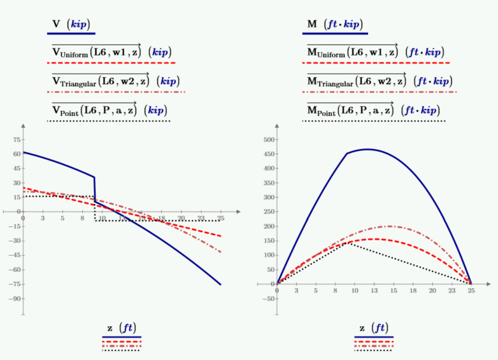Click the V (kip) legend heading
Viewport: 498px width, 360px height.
(71, 24)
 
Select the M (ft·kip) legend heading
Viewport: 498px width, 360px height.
(335, 24)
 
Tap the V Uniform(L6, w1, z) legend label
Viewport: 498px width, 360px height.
(112, 52)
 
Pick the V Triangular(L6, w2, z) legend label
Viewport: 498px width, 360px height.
(116, 80)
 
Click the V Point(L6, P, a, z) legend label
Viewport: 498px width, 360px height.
(110, 110)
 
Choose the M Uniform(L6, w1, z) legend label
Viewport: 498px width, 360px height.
(375, 52)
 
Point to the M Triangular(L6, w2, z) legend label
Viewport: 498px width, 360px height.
(380, 80)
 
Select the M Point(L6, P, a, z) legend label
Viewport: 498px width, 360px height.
(373, 110)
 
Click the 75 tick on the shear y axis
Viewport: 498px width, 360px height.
(17, 140)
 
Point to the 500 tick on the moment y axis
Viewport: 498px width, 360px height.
(269, 140)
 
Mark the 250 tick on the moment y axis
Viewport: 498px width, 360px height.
(269, 212)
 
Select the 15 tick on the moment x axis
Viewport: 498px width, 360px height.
(394, 291)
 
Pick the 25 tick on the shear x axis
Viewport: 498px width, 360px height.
(220, 218)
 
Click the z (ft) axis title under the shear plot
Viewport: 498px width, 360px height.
(122, 328)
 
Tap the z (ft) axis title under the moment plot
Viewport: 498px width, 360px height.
(374, 328)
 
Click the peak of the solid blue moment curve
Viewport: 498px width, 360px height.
(367, 149)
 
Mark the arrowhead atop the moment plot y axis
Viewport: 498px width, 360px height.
(277, 126)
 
